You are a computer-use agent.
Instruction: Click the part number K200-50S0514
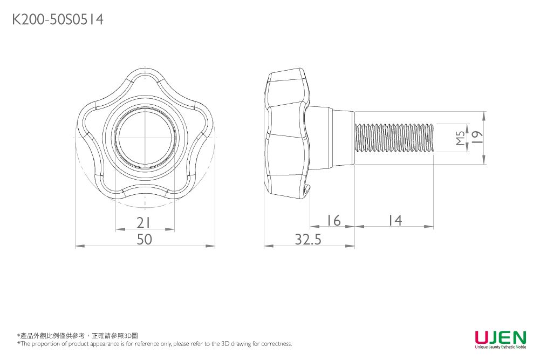click(x=58, y=19)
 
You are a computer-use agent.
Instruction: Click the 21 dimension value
click(x=143, y=222)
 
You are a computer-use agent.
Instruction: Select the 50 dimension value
click(x=144, y=239)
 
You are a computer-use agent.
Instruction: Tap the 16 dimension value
click(x=333, y=220)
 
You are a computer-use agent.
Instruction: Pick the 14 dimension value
click(x=395, y=220)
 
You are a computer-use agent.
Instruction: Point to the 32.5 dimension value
click(x=308, y=239)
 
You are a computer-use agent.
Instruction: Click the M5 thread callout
click(x=460, y=138)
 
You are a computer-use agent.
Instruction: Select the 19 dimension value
click(x=477, y=138)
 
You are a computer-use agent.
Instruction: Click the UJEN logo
click(x=501, y=337)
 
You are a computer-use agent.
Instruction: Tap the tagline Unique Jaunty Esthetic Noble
click(x=501, y=347)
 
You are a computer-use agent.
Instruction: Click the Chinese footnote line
click(x=78, y=336)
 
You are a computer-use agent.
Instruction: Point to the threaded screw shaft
click(x=394, y=138)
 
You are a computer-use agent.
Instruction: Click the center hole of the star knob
click(x=145, y=138)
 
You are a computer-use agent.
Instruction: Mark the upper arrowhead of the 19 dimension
click(x=484, y=116)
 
